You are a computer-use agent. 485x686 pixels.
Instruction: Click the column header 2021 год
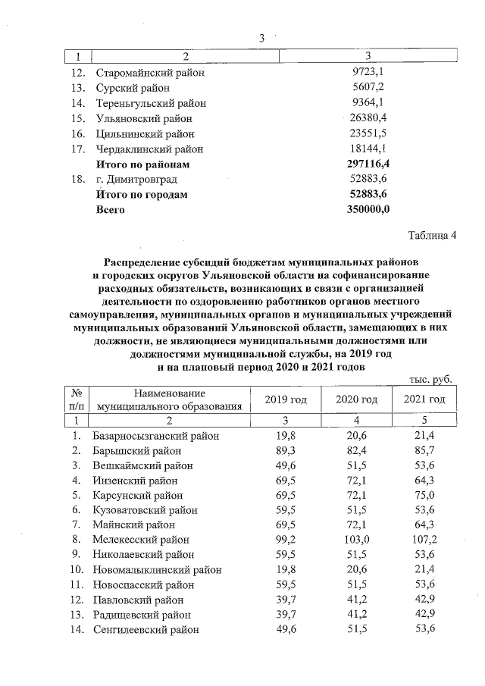coord(424,399)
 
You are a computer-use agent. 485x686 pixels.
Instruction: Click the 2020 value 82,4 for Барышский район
coord(355,451)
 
